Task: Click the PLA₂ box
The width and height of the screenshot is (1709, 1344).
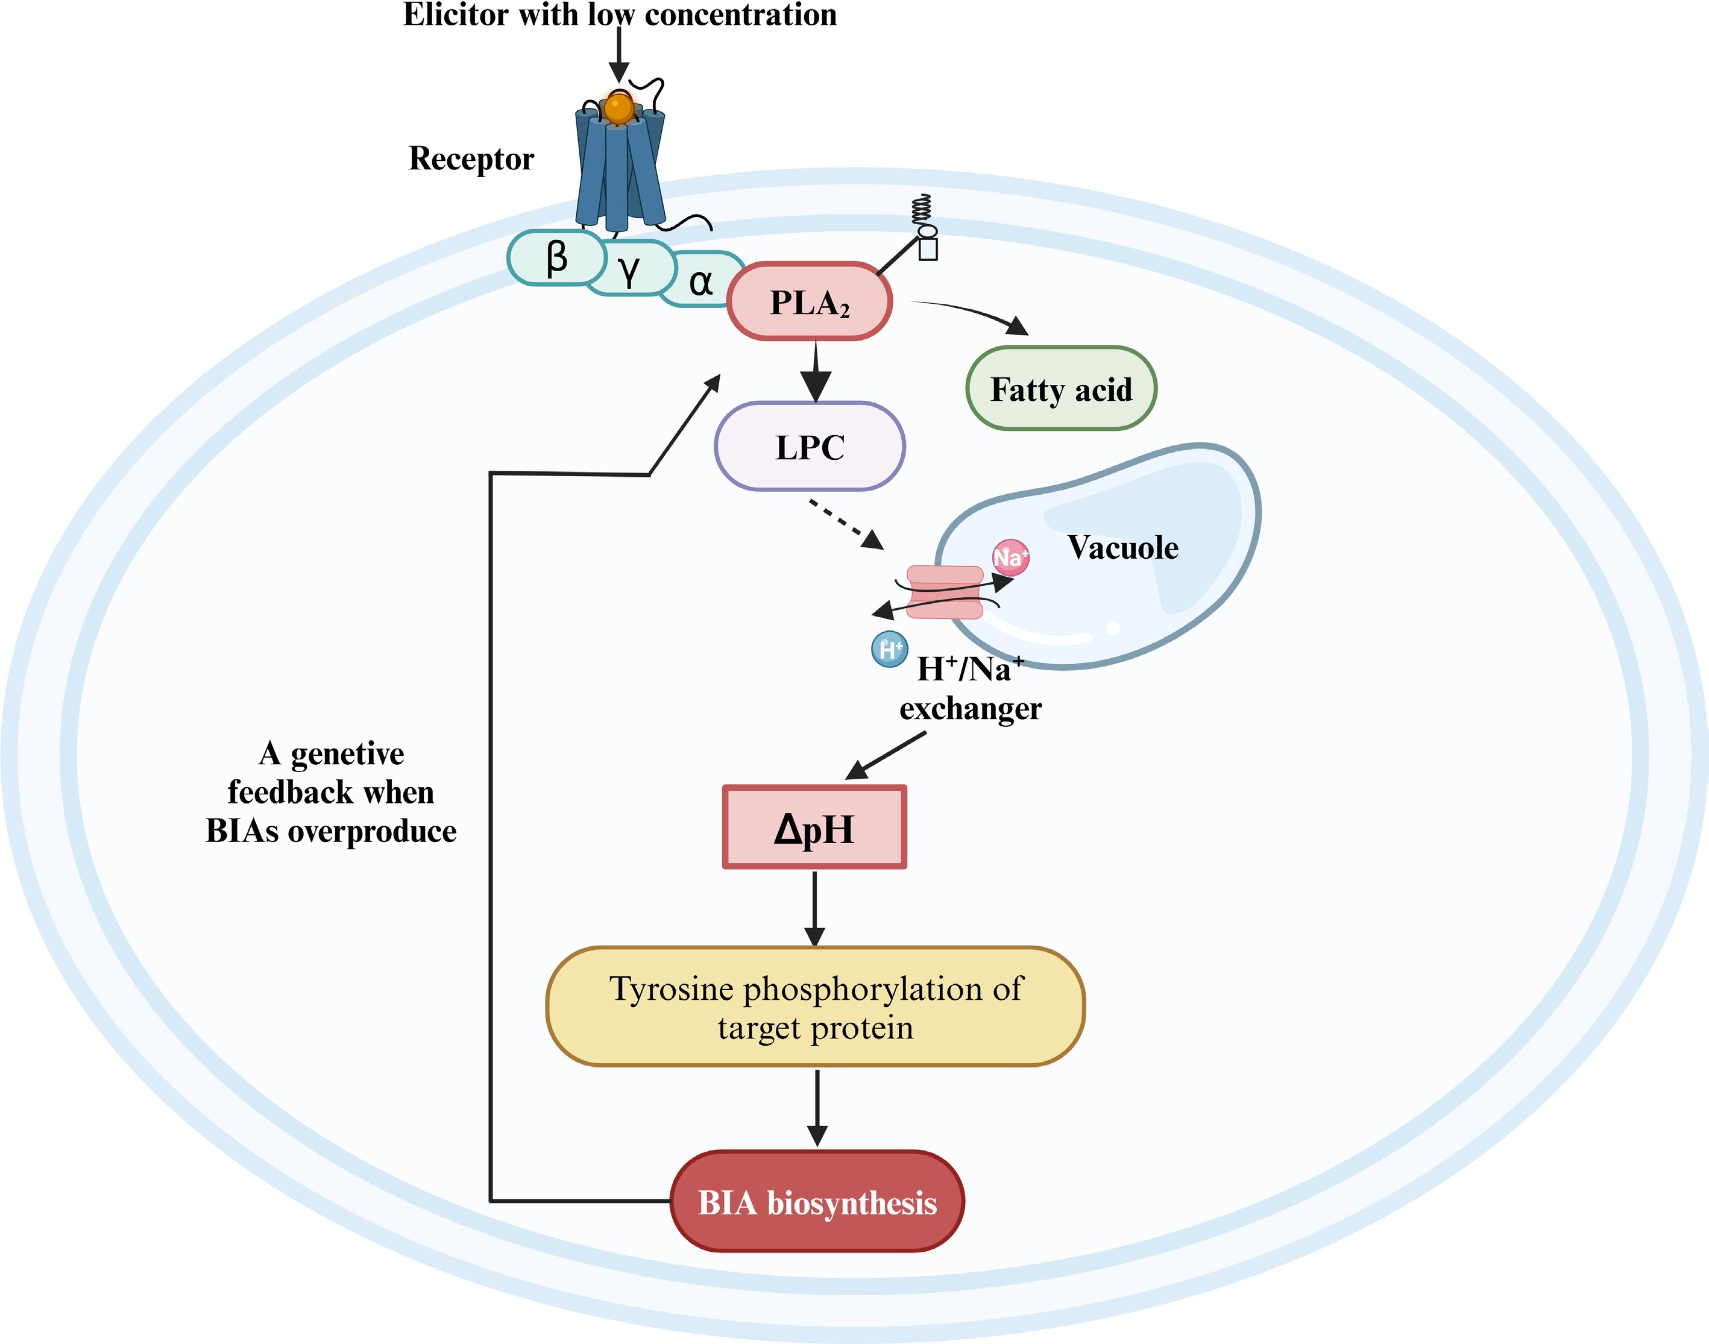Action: [x=809, y=301]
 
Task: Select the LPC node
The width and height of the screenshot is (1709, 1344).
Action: [x=810, y=447]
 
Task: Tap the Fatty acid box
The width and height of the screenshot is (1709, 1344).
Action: [x=1060, y=389]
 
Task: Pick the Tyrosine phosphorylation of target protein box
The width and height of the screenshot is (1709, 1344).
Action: [x=815, y=1007]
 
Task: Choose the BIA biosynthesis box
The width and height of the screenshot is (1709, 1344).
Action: [x=817, y=1202]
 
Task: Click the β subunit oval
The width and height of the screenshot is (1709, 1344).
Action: [x=556, y=257]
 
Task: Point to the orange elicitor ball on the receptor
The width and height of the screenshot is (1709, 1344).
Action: [x=619, y=107]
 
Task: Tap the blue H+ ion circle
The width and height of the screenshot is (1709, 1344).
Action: [x=890, y=649]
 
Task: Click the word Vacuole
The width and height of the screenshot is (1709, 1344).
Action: [x=1123, y=548]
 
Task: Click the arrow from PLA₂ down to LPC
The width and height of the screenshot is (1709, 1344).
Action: [x=816, y=370]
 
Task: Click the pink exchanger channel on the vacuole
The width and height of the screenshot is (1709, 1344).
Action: [x=944, y=592]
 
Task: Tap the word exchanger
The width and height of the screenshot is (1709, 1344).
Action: [x=970, y=709]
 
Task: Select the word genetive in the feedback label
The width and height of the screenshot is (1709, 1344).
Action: [x=347, y=755]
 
